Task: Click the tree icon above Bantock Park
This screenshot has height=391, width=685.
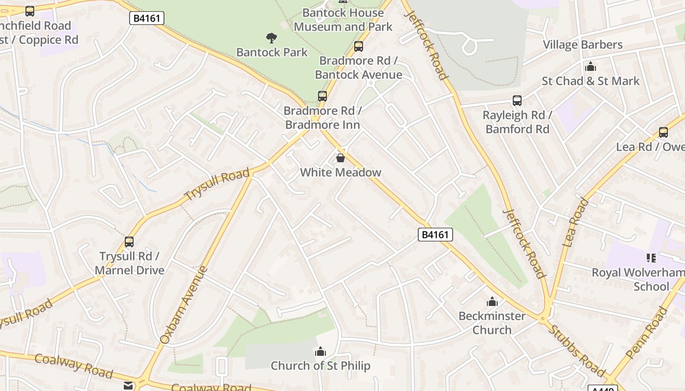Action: click(x=271, y=38)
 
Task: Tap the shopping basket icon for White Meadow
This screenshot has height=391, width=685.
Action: click(x=340, y=158)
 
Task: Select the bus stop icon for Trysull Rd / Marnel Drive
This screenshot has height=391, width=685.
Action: click(x=129, y=242)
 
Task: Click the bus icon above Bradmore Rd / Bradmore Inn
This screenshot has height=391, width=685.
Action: click(x=322, y=96)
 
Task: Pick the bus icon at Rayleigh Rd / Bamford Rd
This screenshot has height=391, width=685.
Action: click(x=517, y=101)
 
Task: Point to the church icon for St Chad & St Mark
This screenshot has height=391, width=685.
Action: click(x=591, y=66)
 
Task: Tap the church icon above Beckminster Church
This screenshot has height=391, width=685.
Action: click(x=492, y=302)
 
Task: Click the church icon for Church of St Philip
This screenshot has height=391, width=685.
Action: click(x=320, y=351)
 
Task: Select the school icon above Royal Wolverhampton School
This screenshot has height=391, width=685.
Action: click(x=651, y=258)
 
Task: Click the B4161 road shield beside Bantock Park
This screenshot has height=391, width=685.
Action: click(x=147, y=19)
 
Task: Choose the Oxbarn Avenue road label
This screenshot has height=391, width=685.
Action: click(x=184, y=305)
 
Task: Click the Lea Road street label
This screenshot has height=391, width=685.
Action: click(x=575, y=222)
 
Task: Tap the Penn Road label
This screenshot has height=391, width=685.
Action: click(x=647, y=333)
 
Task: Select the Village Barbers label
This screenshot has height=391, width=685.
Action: click(x=582, y=45)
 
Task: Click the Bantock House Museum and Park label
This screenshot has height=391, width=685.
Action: click(x=343, y=20)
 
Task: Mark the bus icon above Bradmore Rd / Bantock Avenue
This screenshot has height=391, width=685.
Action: click(x=359, y=46)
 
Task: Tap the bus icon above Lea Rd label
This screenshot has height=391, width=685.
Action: click(x=663, y=132)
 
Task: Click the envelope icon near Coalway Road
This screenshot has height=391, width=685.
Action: click(x=128, y=386)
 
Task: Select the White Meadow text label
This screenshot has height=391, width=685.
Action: click(x=340, y=173)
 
